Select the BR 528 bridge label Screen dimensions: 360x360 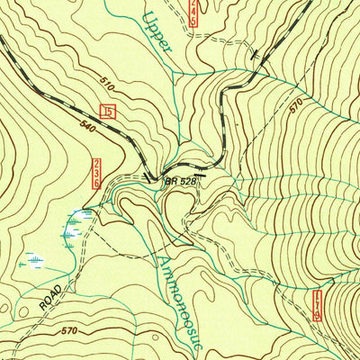(x=181, y=181)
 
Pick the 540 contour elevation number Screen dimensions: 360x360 (x=88, y=125)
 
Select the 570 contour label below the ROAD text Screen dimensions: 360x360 (x=68, y=331)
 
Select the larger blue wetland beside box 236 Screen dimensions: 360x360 (x=76, y=225)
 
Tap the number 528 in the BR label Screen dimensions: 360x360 (x=186, y=181)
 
